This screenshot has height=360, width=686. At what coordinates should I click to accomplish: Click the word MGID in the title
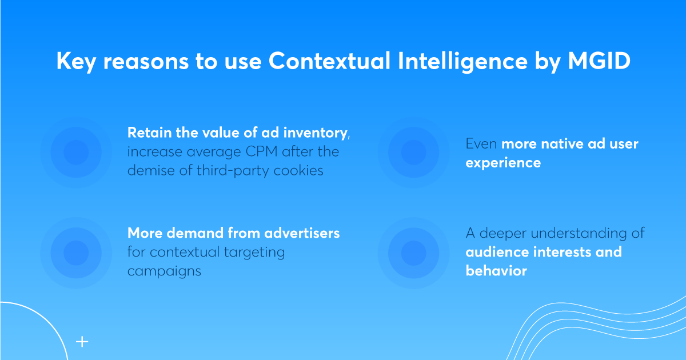tap(599, 61)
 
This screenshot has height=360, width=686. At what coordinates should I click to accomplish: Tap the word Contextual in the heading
tap(329, 61)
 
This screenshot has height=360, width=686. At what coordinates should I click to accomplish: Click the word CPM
tap(262, 151)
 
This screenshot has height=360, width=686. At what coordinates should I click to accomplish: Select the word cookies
tap(298, 170)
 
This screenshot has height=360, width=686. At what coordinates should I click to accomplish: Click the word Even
tap(481, 143)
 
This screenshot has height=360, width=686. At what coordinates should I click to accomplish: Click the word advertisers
tap(302, 233)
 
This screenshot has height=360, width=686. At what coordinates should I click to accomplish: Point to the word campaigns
tap(164, 271)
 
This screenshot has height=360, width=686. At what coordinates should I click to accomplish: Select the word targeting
tap(254, 253)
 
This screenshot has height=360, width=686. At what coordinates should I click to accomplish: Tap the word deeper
tap(503, 233)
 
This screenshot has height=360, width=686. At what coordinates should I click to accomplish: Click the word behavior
tap(496, 271)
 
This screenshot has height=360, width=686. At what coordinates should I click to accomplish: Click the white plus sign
tap(82, 342)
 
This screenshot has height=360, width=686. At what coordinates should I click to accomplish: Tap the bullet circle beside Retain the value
tap(76, 153)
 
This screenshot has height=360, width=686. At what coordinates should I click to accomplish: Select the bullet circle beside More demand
tap(76, 253)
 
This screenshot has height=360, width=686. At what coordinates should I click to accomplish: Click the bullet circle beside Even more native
tap(413, 153)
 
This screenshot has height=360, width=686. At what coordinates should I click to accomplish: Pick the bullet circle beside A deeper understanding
tap(413, 253)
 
